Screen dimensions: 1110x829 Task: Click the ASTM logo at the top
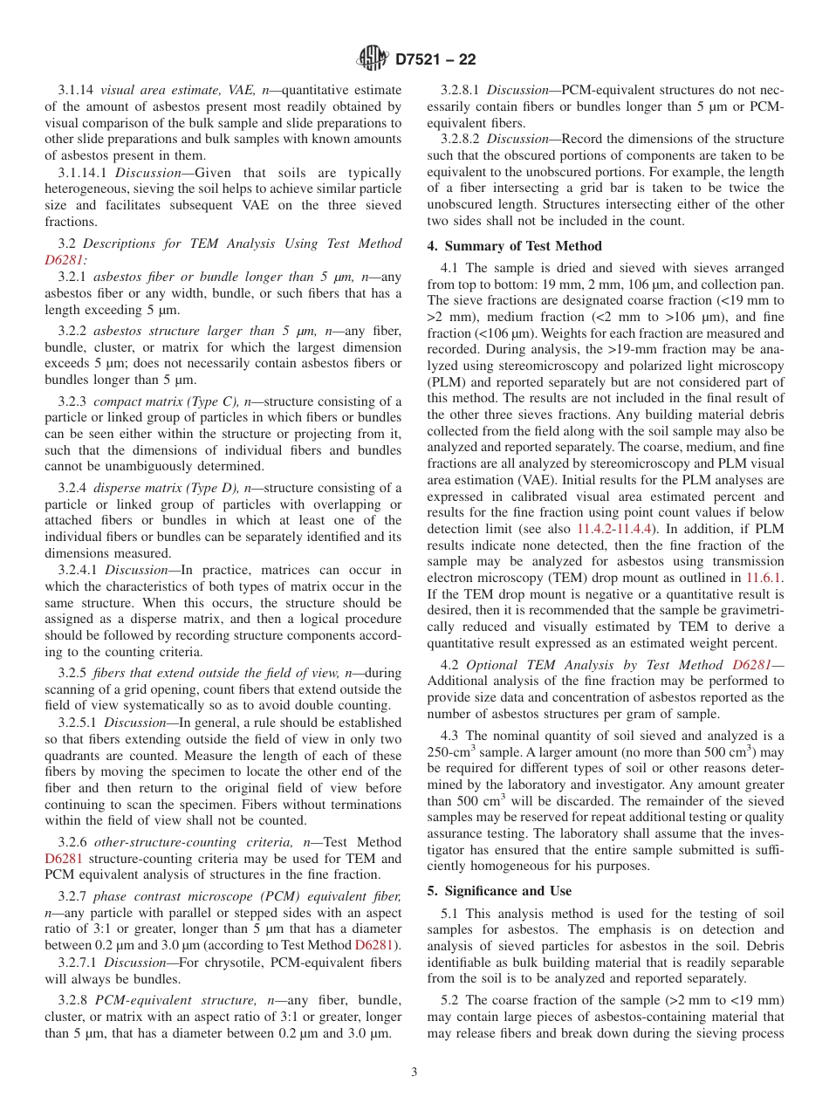373,59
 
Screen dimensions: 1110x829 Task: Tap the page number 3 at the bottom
414,1072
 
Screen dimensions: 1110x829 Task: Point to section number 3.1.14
77,90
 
